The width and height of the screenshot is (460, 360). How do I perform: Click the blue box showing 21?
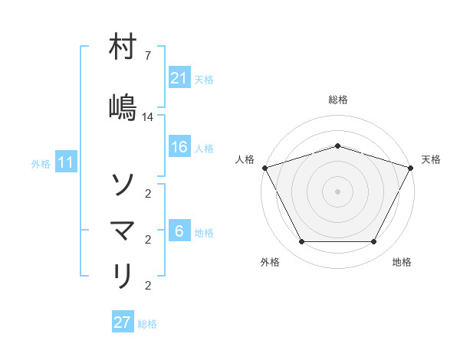(179, 78)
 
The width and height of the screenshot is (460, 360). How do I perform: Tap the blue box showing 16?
(179, 148)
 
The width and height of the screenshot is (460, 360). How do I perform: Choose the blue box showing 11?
(66, 162)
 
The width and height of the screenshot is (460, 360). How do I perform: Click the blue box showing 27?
(123, 322)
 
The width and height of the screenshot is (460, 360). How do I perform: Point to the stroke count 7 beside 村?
(148, 56)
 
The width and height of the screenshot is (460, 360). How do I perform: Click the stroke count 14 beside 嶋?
(148, 117)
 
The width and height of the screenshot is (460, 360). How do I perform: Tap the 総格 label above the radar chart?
(338, 100)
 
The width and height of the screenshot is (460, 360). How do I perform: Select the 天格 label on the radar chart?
(431, 159)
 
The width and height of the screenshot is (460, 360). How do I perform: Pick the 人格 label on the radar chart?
(245, 159)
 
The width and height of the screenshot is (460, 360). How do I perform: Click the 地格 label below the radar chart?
(402, 262)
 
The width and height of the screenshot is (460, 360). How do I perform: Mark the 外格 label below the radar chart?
(270, 262)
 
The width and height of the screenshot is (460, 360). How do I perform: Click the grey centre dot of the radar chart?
(337, 191)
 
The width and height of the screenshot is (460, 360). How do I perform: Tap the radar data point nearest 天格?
(411, 167)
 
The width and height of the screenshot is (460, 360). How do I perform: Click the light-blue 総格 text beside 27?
(147, 324)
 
